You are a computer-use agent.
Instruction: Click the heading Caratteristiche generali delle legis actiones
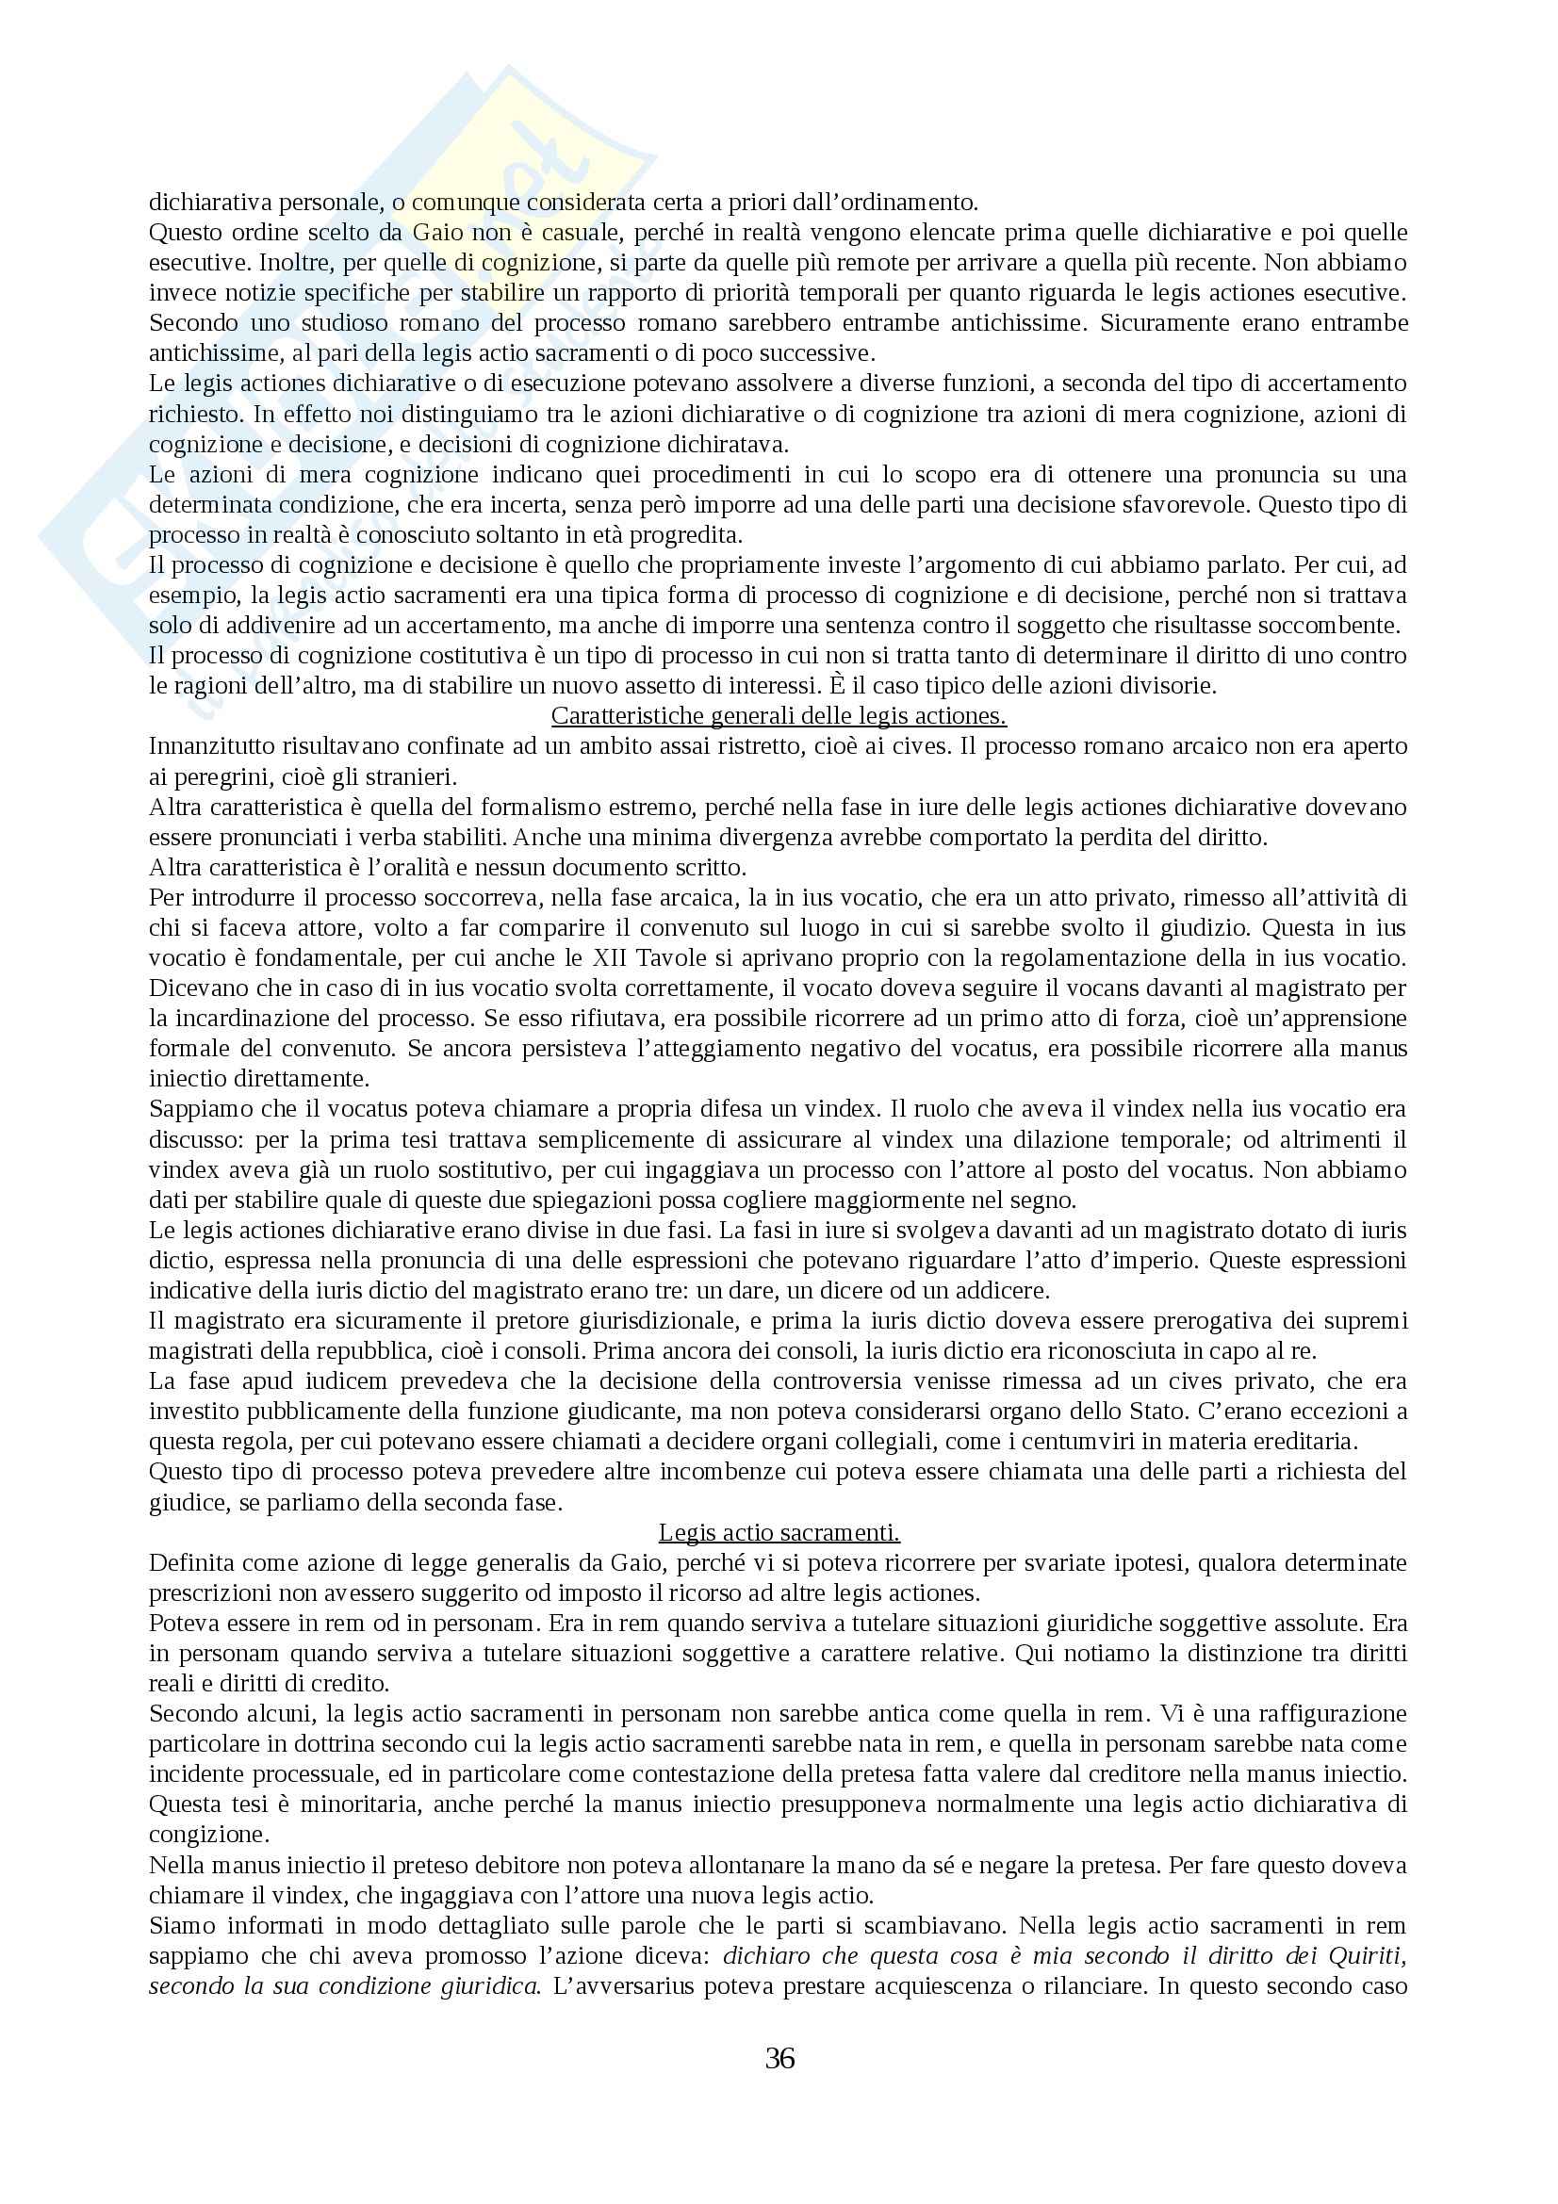pyautogui.click(x=779, y=717)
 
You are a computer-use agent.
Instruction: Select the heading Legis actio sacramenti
pyautogui.click(x=779, y=1532)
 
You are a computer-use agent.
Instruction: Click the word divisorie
pyautogui.click(x=1173, y=686)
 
